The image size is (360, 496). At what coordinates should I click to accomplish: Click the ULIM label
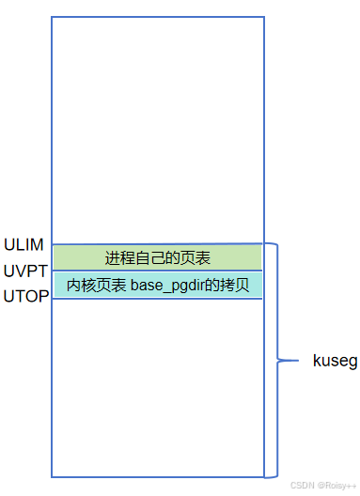point(23,245)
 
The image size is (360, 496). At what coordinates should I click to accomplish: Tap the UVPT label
point(23,271)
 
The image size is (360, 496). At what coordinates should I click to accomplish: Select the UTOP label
point(24,298)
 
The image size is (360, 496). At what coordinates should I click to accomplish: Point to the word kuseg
point(335,361)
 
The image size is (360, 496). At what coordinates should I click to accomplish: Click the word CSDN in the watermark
point(301,486)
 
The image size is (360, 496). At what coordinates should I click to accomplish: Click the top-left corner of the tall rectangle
point(52,16)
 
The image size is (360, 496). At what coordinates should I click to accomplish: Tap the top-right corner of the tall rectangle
point(264,16)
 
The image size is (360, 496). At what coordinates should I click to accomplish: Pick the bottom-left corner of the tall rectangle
point(52,476)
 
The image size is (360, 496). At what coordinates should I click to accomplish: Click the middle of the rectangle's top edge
point(158,16)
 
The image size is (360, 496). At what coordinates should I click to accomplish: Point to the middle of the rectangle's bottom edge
point(158,476)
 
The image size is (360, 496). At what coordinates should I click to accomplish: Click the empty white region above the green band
point(158,132)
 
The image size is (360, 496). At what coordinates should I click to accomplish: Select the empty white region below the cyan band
point(158,385)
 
